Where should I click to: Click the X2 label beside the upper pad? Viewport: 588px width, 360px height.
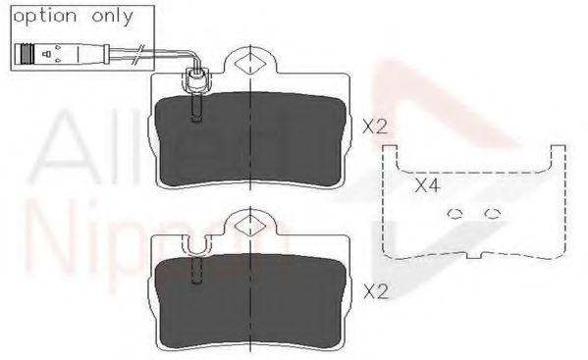(376, 127)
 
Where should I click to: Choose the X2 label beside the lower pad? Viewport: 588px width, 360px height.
(376, 291)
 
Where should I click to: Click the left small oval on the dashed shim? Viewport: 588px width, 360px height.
(454, 213)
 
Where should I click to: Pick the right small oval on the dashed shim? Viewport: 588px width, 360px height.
(492, 213)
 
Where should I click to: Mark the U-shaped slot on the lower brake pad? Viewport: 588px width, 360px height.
(196, 251)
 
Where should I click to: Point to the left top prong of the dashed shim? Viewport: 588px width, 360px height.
(391, 155)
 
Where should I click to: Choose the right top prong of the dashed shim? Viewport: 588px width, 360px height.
(559, 155)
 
